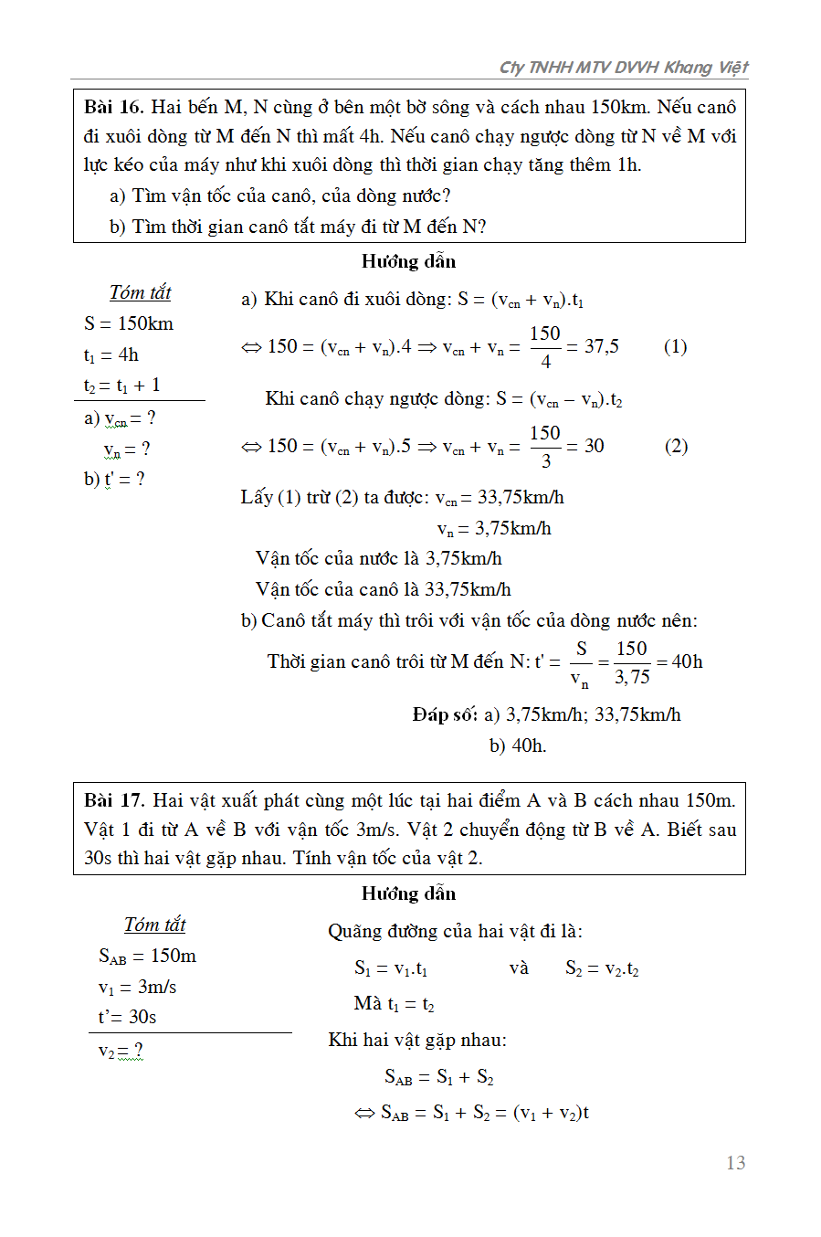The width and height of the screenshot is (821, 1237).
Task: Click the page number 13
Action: (735, 1162)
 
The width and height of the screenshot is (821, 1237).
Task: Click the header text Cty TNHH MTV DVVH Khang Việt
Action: (623, 67)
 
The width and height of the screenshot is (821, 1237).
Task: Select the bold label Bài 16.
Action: (113, 107)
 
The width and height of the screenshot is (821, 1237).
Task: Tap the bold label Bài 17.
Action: (114, 800)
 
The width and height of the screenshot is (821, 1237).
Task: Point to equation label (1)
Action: (675, 346)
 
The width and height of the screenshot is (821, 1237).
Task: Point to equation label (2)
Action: (676, 446)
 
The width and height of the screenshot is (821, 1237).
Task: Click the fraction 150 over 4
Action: (545, 347)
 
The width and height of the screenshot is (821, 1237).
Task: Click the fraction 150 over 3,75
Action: (631, 662)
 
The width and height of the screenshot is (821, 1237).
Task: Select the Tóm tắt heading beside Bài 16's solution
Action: (140, 292)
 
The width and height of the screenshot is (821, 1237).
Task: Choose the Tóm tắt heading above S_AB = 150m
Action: (154, 925)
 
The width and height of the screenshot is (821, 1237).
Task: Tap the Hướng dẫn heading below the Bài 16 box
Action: (408, 261)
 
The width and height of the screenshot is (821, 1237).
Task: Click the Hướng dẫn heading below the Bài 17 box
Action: (408, 893)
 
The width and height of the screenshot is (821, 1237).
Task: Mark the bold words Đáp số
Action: (445, 714)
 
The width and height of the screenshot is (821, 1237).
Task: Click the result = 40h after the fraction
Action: (681, 661)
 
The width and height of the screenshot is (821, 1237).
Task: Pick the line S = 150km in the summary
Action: (129, 323)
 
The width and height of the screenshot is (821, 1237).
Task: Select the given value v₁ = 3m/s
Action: (137, 987)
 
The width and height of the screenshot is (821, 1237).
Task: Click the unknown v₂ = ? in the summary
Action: (121, 1051)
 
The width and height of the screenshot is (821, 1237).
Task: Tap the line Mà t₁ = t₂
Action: (394, 1004)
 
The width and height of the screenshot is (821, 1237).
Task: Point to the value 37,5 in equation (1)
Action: (601, 346)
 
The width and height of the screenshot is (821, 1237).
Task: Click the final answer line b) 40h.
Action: (517, 745)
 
